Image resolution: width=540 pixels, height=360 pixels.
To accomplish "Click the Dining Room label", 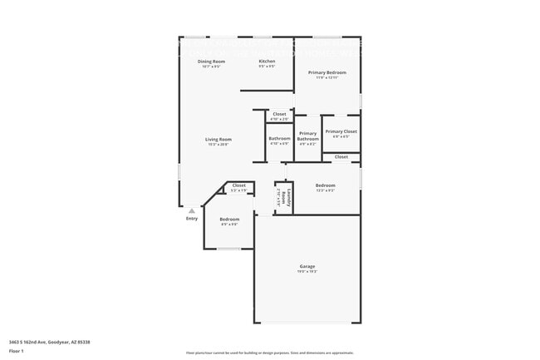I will point(211,62).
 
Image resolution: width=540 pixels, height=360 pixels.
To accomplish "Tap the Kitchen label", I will point(267,62).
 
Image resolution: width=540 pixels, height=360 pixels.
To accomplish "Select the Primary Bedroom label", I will point(327,72).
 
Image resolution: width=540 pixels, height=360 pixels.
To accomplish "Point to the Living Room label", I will point(218,139).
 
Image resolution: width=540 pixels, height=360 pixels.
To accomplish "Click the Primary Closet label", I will point(341,131).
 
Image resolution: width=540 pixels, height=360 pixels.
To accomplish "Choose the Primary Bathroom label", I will point(307,136).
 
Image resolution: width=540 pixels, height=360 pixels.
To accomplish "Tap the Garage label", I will point(307,266).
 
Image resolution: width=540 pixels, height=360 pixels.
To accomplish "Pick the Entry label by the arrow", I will point(192,219).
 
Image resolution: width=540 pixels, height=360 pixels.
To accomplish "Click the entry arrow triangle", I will point(192,210).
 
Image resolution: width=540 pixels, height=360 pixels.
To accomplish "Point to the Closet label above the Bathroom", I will point(279,114).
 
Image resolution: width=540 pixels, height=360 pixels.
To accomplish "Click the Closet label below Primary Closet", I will point(341,156).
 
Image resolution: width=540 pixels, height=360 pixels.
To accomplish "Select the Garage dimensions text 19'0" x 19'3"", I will point(307,272).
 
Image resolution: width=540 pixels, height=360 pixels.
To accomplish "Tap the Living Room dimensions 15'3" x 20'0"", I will point(218,145).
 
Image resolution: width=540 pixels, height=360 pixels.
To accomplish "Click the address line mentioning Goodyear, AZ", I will point(50,342).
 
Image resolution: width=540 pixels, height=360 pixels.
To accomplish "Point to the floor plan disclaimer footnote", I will point(270,353).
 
